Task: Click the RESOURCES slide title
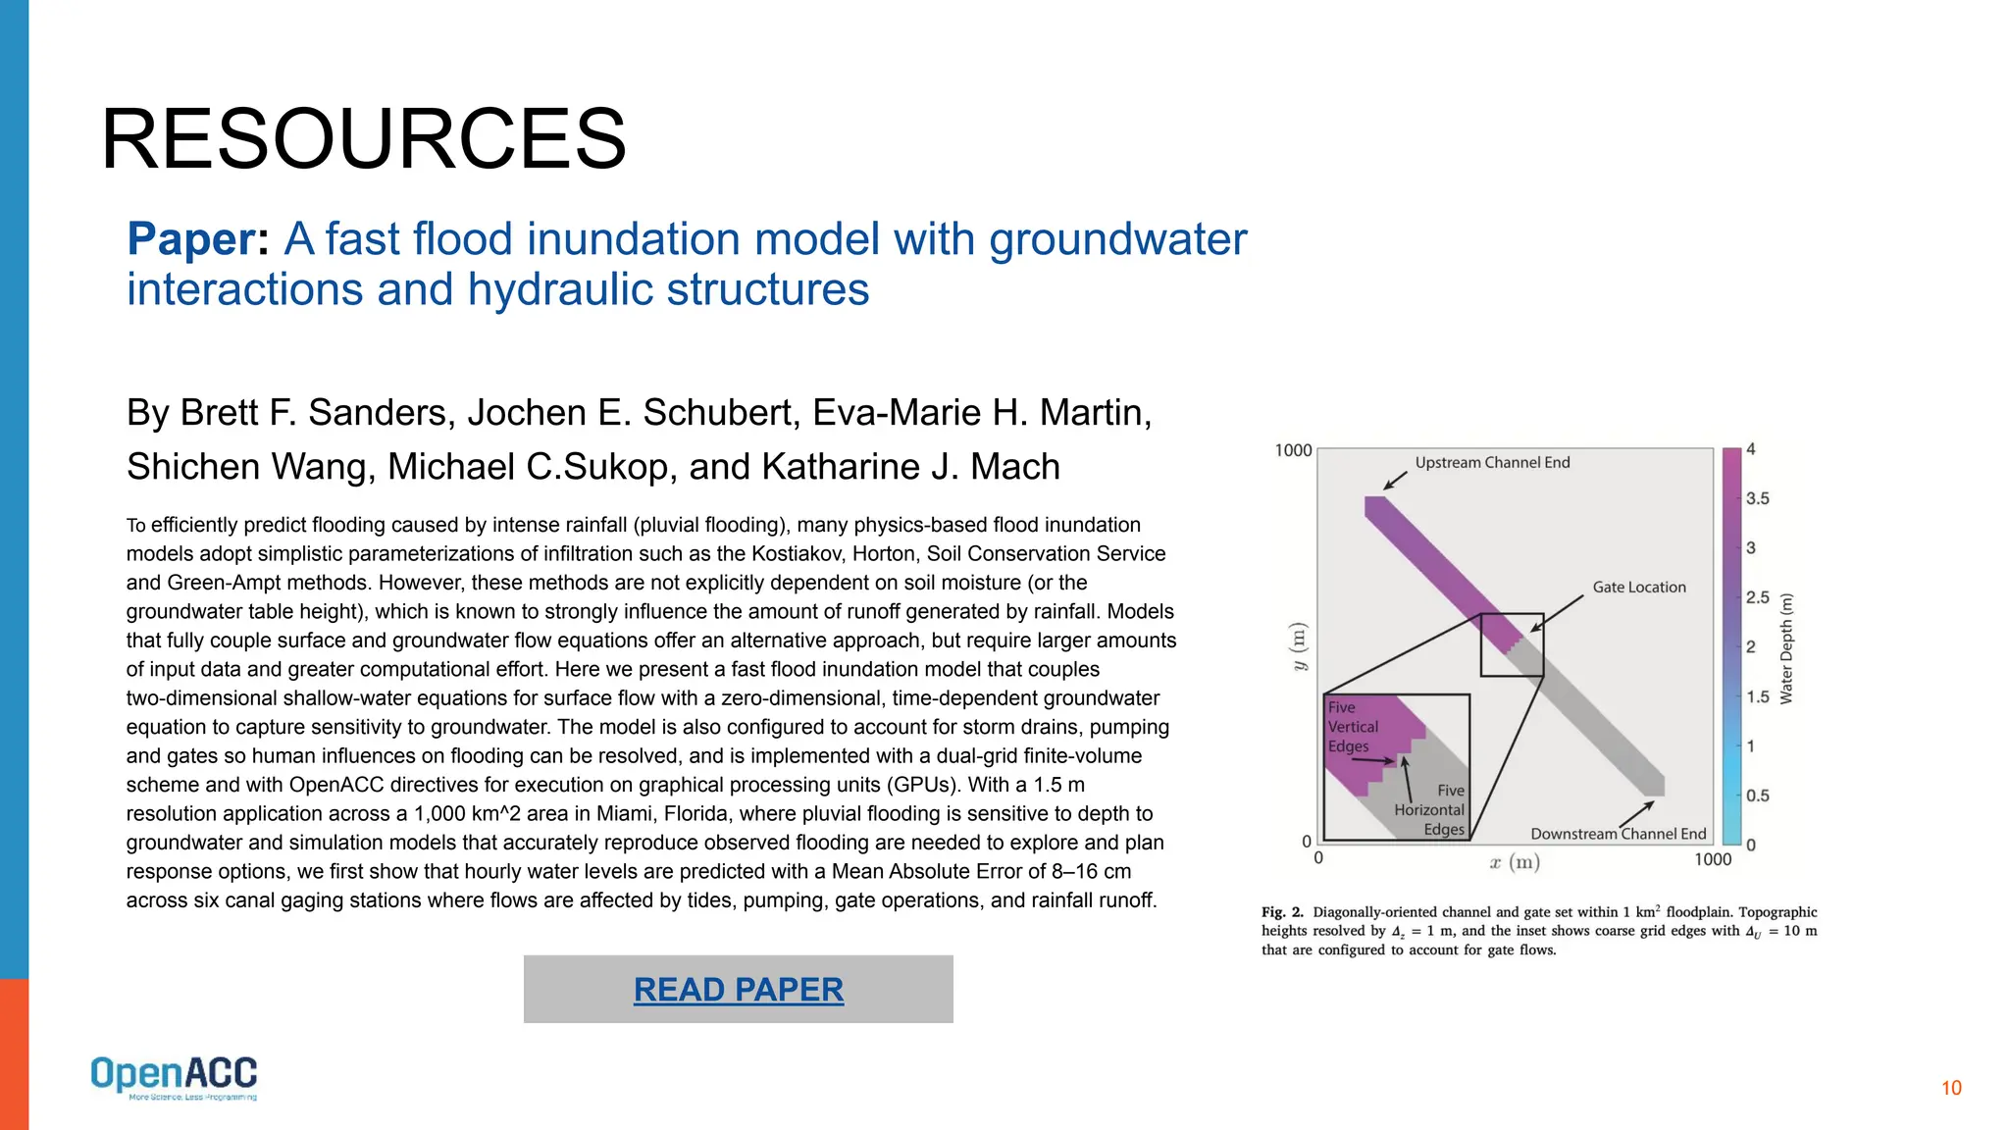[363, 139]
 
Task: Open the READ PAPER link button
[738, 990]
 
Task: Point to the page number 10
[1951, 1088]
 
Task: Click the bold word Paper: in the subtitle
[198, 239]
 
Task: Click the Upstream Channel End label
[1492, 462]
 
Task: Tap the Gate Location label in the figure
[1638, 587]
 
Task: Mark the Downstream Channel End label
[1618, 834]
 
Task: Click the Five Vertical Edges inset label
[1353, 727]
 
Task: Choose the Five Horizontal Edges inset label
[1431, 810]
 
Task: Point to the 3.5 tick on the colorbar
[1757, 498]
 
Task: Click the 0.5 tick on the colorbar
[1757, 796]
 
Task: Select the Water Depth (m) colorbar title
[1786, 648]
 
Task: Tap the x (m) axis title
[1514, 862]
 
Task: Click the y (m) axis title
[1299, 646]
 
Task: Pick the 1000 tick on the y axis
[1293, 450]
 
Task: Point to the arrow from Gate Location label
[1559, 612]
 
